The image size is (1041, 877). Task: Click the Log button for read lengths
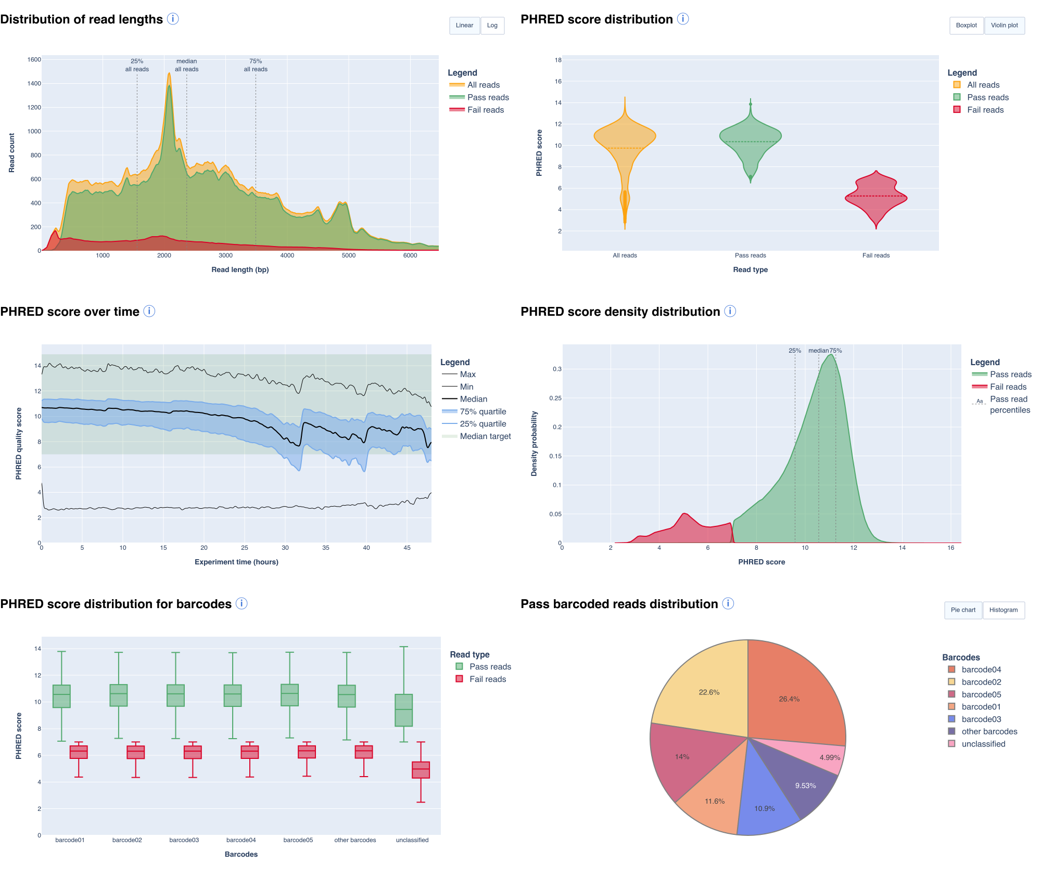(x=492, y=25)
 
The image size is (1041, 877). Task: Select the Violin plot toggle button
(x=1004, y=25)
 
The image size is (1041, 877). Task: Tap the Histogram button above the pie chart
(x=1003, y=610)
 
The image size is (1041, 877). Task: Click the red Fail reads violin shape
(x=876, y=198)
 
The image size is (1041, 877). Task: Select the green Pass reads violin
(x=750, y=138)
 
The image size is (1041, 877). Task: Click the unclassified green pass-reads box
(x=403, y=710)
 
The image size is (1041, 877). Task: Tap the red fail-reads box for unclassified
(x=421, y=770)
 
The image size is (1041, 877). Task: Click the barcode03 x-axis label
(x=184, y=840)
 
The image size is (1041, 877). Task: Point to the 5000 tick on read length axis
(x=348, y=255)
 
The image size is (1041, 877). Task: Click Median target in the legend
(x=485, y=436)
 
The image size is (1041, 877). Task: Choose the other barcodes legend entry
(x=989, y=731)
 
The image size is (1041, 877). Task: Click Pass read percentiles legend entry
(x=1009, y=405)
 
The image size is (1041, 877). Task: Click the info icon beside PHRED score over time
(x=149, y=311)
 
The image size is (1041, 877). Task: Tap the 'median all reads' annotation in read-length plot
(x=186, y=65)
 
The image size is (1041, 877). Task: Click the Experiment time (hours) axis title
(x=236, y=562)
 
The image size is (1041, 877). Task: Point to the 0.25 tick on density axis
(x=555, y=398)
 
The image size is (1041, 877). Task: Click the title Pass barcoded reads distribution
(x=619, y=604)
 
